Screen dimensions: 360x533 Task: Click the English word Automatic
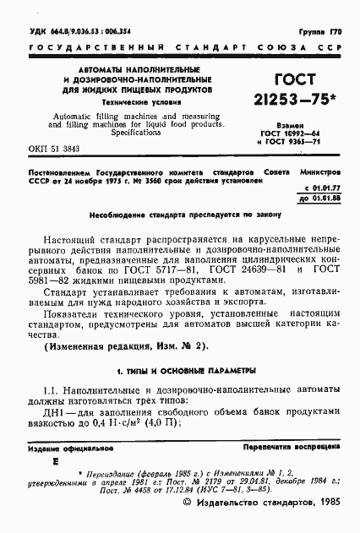[x=78, y=113]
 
